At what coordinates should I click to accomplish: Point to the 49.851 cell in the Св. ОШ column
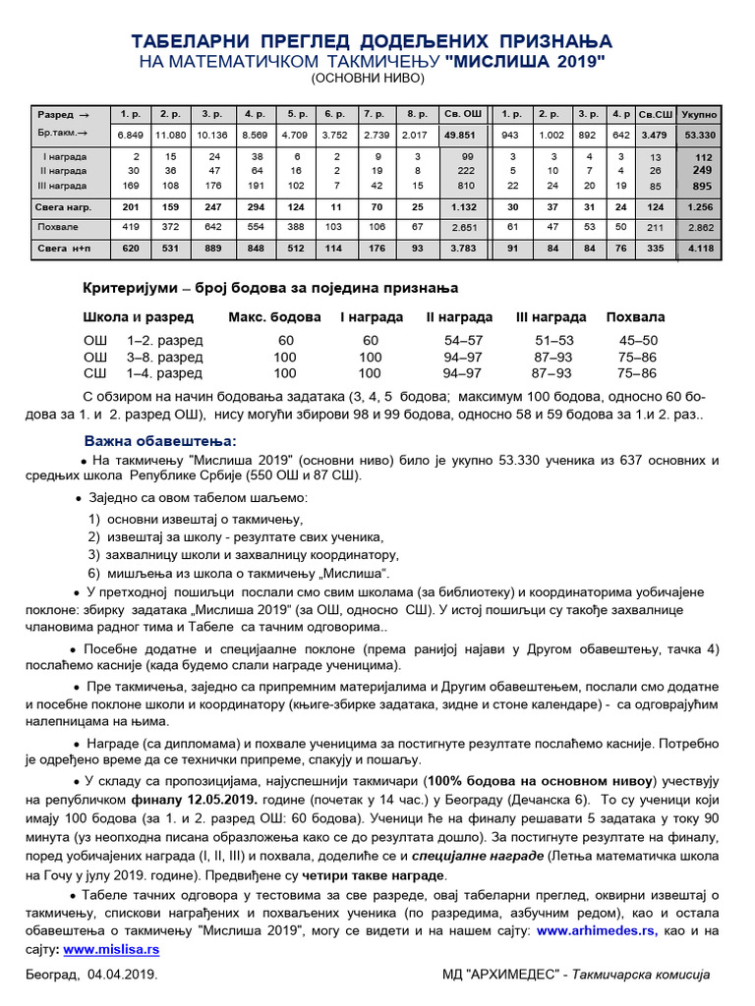coord(462,134)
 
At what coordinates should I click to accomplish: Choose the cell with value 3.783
coord(462,249)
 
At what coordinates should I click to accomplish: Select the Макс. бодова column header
coord(274,317)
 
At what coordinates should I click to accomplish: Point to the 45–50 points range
coord(635,340)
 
